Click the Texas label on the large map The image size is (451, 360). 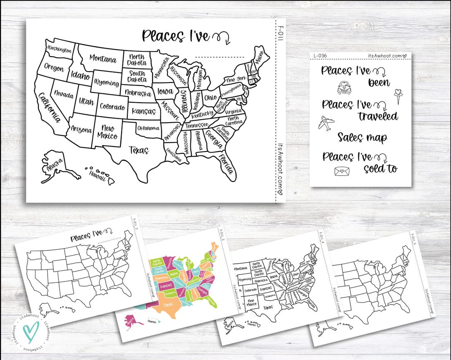[x=138, y=150]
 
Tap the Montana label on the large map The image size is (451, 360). [x=102, y=59]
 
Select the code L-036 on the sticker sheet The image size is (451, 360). [x=321, y=56]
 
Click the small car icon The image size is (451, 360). [x=345, y=88]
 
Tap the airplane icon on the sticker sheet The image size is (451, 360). [x=326, y=123]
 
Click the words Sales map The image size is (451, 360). [x=362, y=138]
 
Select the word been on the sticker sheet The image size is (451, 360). [x=379, y=83]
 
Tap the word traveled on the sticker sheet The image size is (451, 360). [x=378, y=116]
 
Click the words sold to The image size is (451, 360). [x=380, y=169]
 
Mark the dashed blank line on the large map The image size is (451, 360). [x=220, y=57]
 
